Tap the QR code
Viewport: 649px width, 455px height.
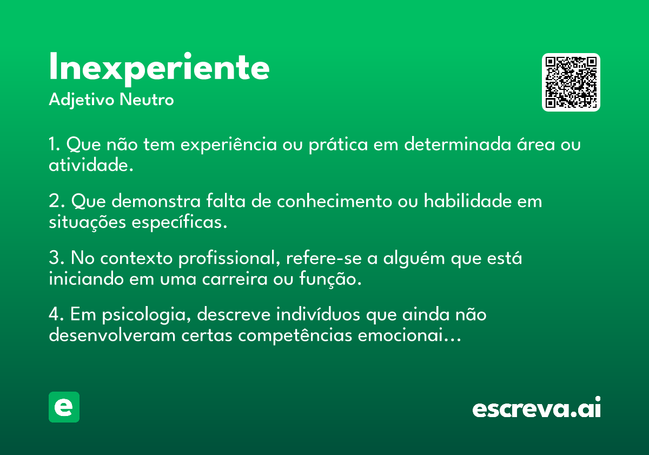(x=571, y=82)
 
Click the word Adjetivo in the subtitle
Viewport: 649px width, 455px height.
(x=82, y=100)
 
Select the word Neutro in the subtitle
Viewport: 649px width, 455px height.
(x=147, y=100)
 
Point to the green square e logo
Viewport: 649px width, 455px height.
(x=64, y=407)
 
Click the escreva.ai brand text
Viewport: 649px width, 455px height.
(x=537, y=407)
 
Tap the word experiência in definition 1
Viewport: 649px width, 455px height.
(x=229, y=145)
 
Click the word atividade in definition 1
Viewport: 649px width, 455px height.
(x=89, y=165)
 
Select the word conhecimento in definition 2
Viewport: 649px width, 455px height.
(x=334, y=201)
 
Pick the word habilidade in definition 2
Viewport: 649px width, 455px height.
(x=468, y=201)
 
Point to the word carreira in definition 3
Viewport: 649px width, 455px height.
(x=235, y=279)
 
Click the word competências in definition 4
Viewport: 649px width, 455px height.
(x=295, y=336)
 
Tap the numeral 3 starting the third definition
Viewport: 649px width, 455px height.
(x=54, y=257)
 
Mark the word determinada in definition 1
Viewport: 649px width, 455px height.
(x=458, y=144)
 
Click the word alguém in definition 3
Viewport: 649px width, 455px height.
(x=414, y=258)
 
